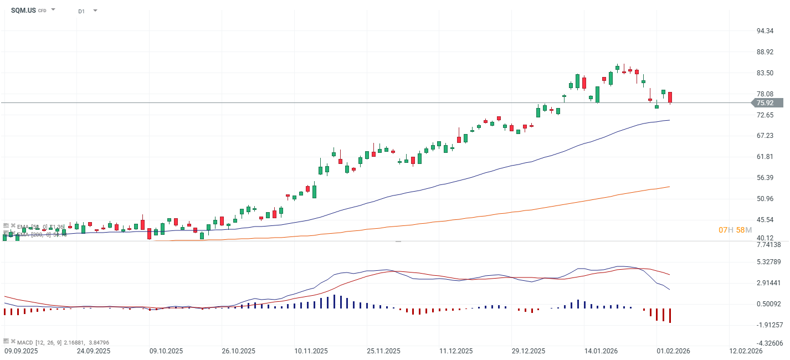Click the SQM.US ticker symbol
(x=23, y=10)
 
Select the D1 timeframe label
(x=81, y=11)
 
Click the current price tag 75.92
(x=765, y=103)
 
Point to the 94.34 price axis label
(x=765, y=31)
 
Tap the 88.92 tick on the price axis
(x=765, y=52)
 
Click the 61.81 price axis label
(x=765, y=157)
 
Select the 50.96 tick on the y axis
(x=765, y=199)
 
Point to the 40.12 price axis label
(x=765, y=238)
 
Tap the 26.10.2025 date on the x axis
(x=238, y=351)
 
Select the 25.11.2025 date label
(x=383, y=351)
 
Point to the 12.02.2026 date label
(x=746, y=351)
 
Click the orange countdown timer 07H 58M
(x=735, y=230)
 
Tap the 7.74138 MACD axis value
(x=768, y=245)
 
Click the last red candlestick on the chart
(x=670, y=97)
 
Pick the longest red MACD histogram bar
(x=670, y=316)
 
